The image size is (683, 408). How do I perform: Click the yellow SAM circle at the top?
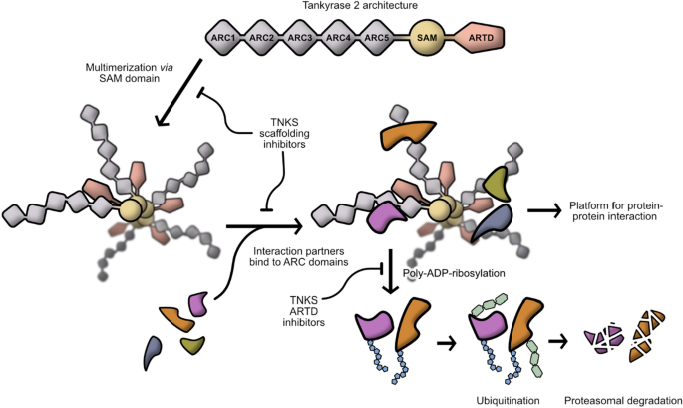[x=427, y=38]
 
